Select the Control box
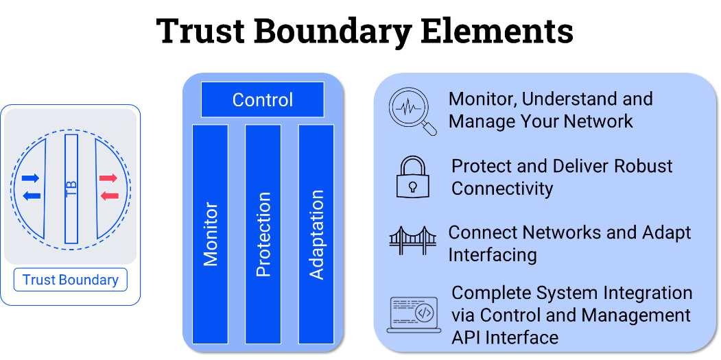click(x=262, y=100)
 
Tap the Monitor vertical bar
click(x=210, y=234)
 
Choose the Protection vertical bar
click(x=263, y=234)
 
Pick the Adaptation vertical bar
click(x=316, y=234)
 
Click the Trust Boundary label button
click(x=71, y=280)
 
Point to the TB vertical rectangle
click(x=71, y=189)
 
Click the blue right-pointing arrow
click(x=31, y=178)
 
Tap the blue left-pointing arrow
click(x=31, y=196)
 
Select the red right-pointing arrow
click(x=108, y=178)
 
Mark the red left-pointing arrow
click(x=108, y=196)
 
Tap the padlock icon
click(x=412, y=177)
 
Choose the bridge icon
click(x=412, y=242)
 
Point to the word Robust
click(x=639, y=166)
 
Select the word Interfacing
click(x=492, y=255)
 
